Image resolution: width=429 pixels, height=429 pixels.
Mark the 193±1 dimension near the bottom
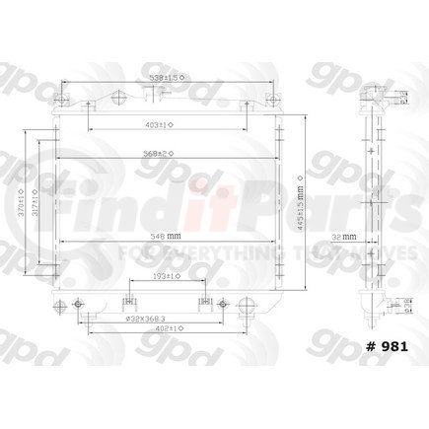(165, 277)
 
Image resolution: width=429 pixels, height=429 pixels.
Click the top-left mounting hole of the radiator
(115, 94)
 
